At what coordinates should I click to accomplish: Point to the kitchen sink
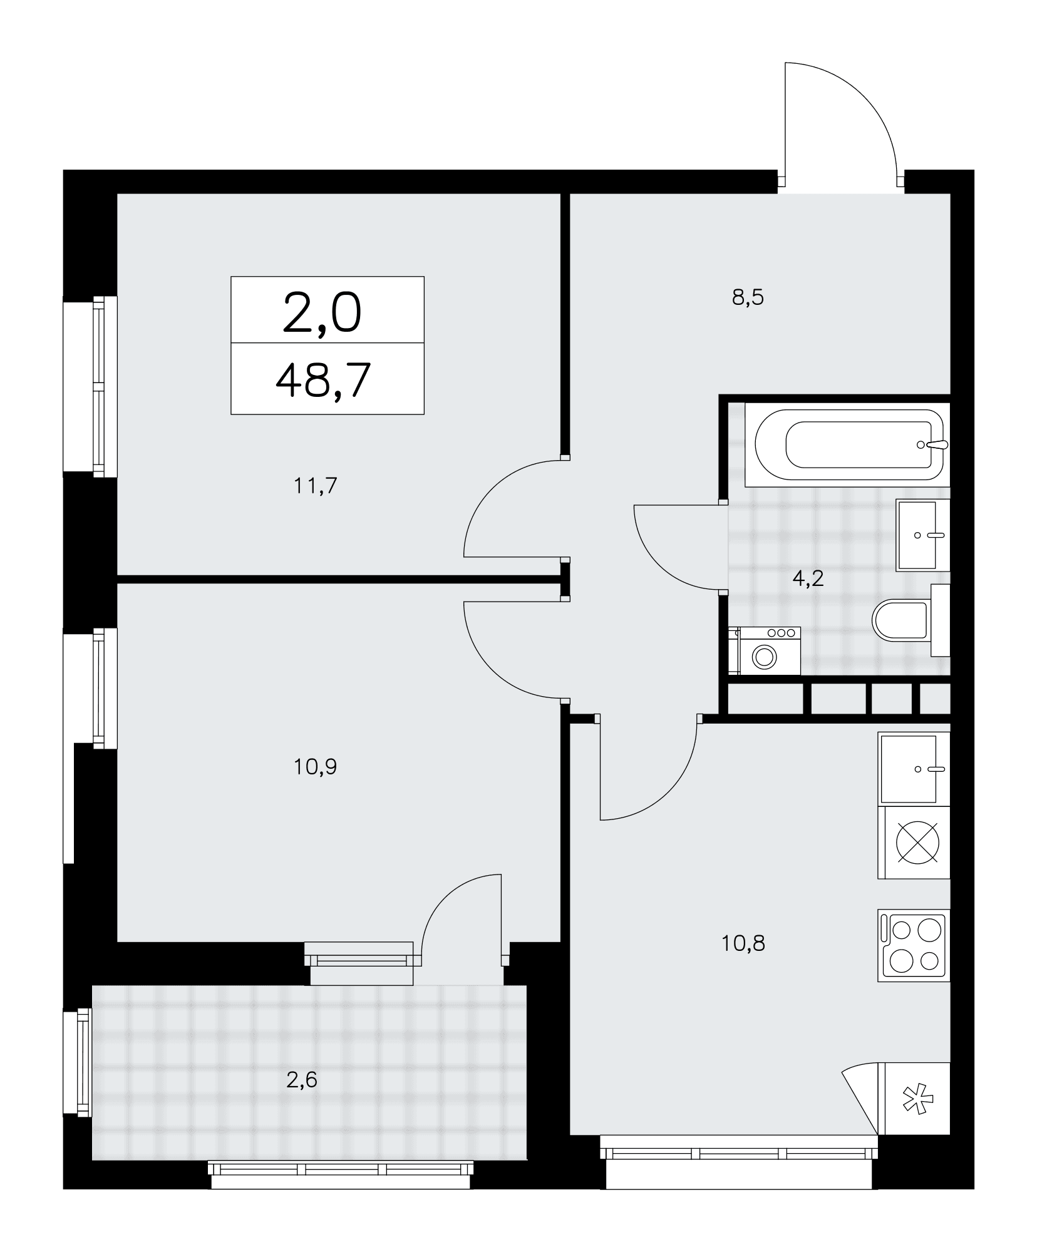pyautogui.click(x=914, y=769)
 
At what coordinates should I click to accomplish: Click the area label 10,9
pyautogui.click(x=316, y=766)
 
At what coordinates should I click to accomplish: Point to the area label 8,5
pyautogui.click(x=748, y=297)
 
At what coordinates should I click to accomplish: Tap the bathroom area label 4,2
pyautogui.click(x=808, y=578)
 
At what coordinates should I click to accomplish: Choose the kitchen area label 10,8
pyautogui.click(x=743, y=960)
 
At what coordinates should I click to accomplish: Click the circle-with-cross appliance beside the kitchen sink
pyautogui.click(x=914, y=842)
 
